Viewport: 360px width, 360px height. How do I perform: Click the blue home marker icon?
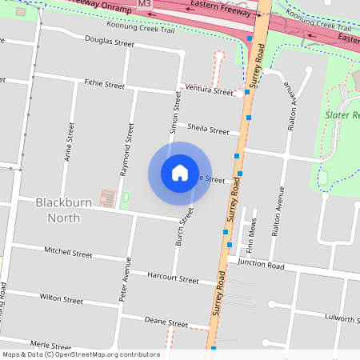tap(180, 173)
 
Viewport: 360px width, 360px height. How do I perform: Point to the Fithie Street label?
tap(104, 84)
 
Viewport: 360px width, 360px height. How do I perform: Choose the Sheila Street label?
tap(208, 128)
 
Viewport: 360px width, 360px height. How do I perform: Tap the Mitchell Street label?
tap(69, 253)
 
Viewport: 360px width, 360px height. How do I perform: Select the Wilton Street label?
tap(61, 299)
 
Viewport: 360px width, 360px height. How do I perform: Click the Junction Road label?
tap(261, 266)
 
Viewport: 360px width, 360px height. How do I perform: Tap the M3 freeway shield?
tap(144, 4)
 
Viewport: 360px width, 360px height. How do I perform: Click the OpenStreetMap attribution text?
tap(81, 354)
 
